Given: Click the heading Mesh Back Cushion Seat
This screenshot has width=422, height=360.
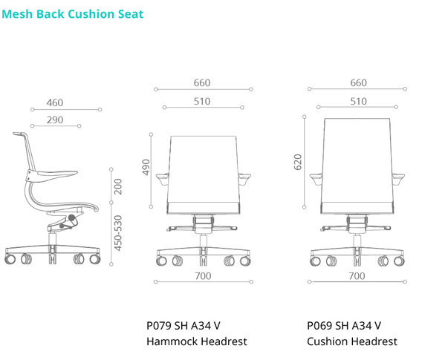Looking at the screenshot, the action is pos(73,14).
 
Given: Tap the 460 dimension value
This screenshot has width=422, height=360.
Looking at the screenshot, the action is pos(55,102).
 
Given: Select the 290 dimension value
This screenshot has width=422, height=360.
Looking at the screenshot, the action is pos(55,120).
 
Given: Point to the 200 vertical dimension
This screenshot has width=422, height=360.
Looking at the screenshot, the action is pos(118,186).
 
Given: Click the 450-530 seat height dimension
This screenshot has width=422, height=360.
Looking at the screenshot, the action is pos(118,233).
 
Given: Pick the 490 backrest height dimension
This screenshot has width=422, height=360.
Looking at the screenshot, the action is pos(146,167).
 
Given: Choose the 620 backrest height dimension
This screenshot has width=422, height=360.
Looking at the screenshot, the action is pos(298,162).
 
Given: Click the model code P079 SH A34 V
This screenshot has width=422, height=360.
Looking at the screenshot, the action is pos(184,326).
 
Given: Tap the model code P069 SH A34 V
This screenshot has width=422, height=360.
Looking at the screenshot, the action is pos(344,326).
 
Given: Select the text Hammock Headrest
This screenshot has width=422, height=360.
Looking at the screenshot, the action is pos(197,341).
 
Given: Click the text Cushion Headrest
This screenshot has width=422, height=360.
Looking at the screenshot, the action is pos(352,341).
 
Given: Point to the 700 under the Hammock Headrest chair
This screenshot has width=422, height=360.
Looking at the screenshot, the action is pos(203,276).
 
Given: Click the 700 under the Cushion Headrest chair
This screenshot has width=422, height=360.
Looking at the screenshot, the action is pos(357,276).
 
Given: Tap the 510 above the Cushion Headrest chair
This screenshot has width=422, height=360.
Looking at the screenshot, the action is pos(359,102).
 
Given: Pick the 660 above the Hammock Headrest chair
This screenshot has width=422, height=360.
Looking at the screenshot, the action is pos(202,83).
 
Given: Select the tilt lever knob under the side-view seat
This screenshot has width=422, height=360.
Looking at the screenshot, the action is pos(72,218).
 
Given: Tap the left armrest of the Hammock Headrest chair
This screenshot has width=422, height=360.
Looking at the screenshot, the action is pos(162,179).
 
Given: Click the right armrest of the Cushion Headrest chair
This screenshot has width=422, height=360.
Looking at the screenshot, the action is pos(398,179).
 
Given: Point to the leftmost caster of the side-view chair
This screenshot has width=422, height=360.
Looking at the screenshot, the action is pos(10,259).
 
